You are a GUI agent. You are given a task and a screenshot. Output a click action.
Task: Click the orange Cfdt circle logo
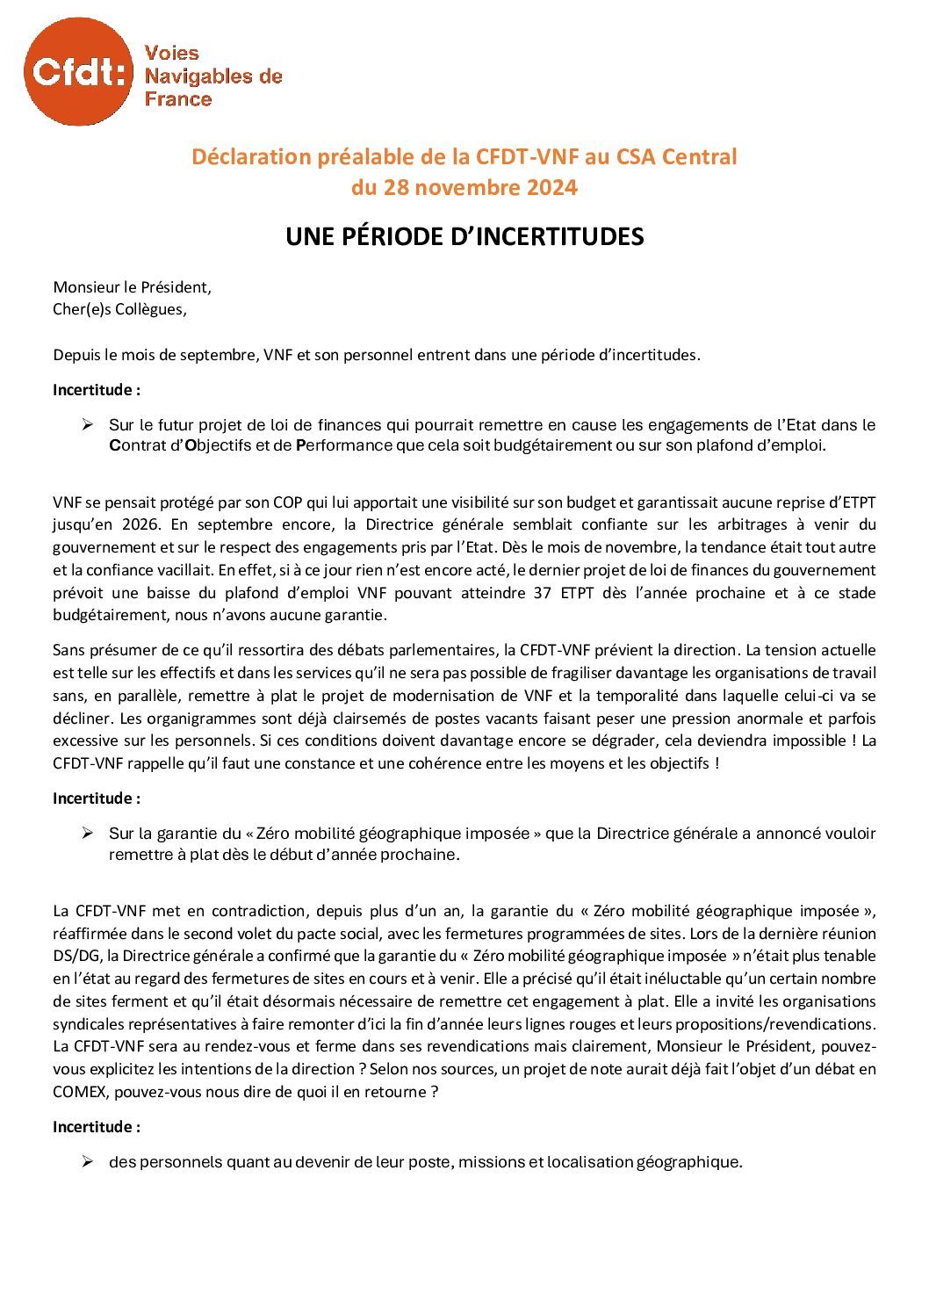76,77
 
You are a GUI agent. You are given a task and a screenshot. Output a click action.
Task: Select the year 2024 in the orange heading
551,187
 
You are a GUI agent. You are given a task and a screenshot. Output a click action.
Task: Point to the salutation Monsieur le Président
133,286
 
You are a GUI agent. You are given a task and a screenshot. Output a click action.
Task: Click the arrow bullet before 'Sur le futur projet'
88,425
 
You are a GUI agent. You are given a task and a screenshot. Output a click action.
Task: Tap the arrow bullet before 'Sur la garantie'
88,833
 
